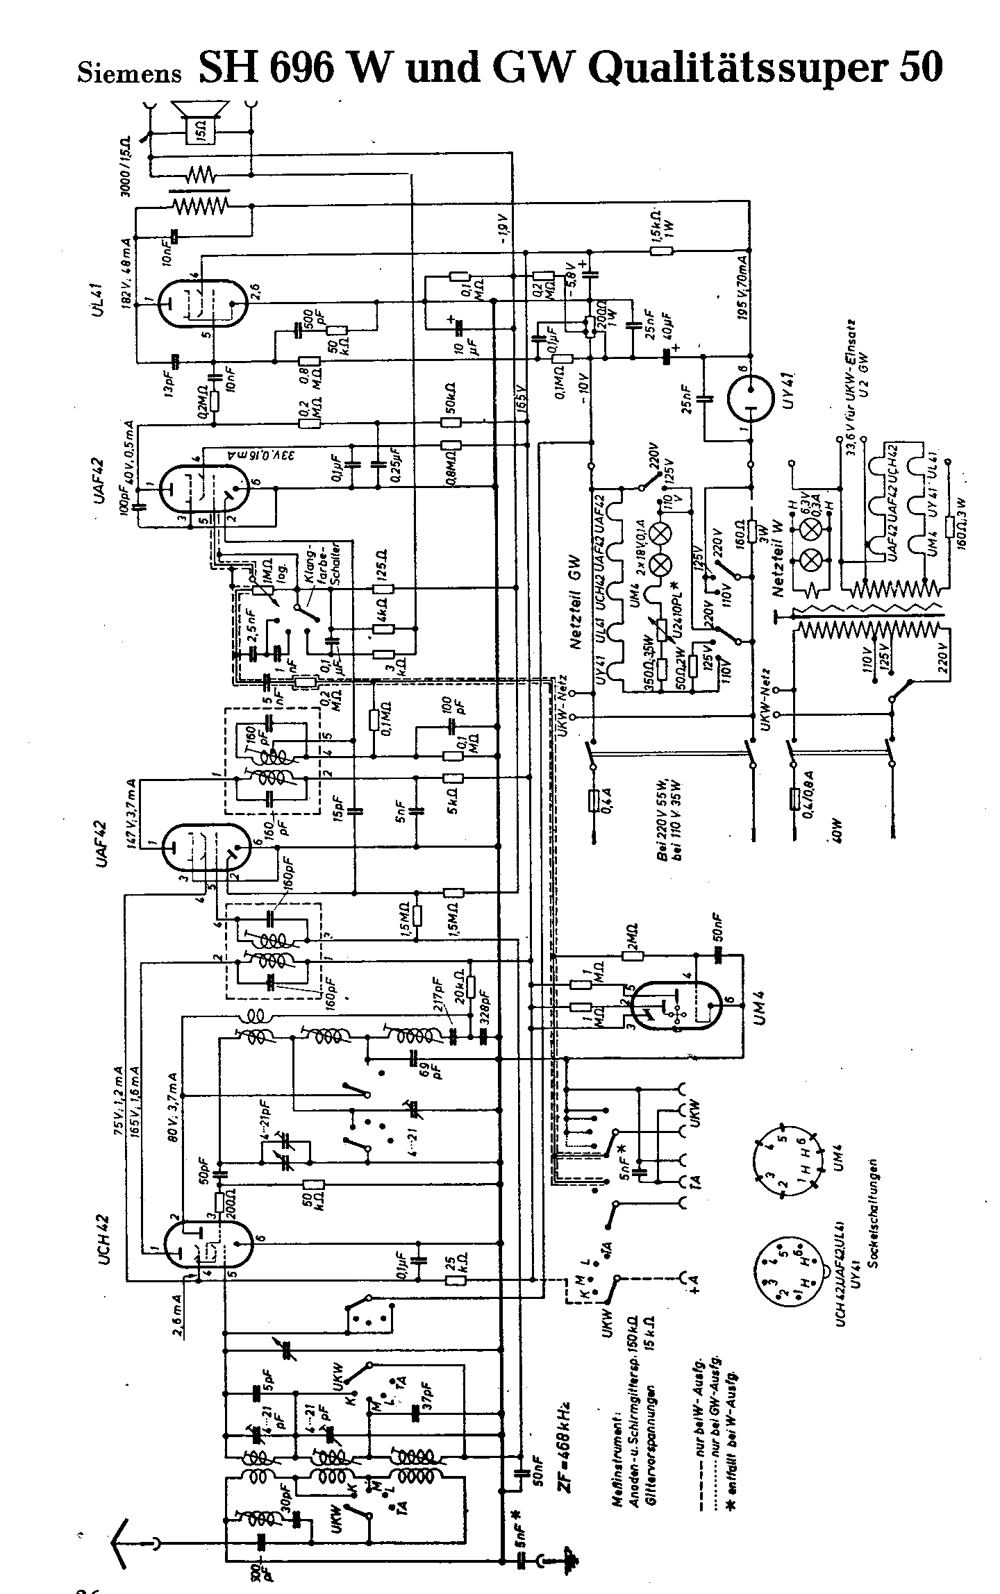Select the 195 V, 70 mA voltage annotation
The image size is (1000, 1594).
743,292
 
